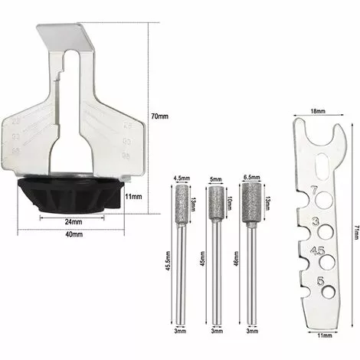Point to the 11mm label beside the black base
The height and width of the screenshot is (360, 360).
tap(133, 197)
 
